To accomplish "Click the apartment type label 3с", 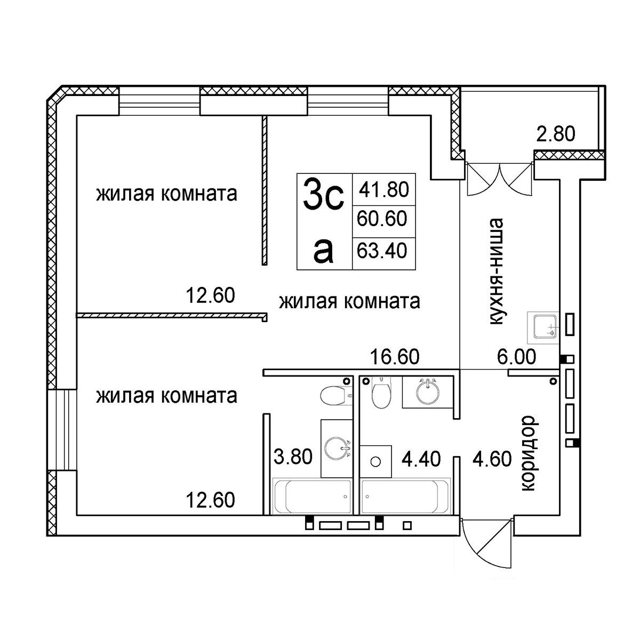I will point(322,194).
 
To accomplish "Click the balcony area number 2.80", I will point(556,134).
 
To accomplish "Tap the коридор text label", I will point(527,453).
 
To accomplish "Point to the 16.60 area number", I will point(395,357).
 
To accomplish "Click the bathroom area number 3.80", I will point(292,458).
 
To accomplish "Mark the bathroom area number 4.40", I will point(421,459).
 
